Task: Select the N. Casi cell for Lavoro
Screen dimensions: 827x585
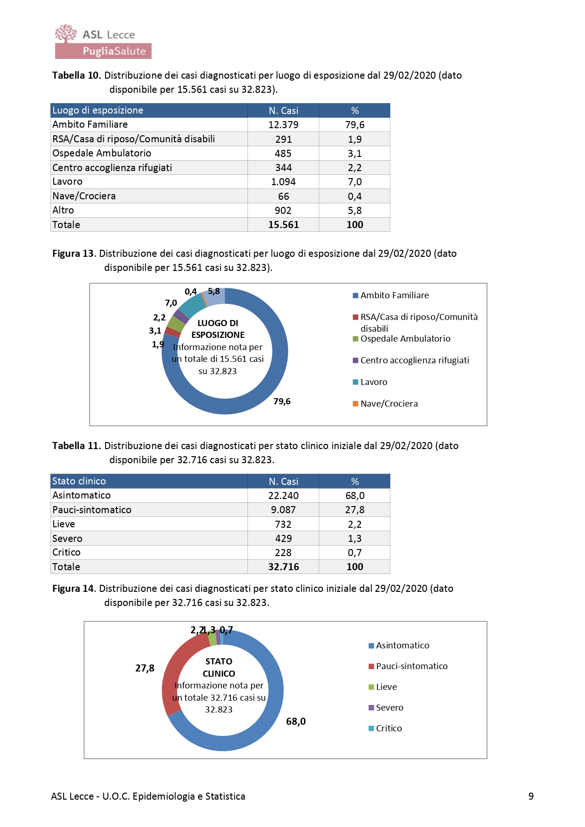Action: point(283,182)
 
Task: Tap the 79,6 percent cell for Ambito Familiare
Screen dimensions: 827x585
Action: point(354,125)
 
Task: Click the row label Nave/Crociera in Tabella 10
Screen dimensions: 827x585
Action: point(84,196)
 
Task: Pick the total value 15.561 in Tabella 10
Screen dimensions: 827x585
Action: point(283,225)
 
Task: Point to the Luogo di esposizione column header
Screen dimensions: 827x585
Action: point(98,110)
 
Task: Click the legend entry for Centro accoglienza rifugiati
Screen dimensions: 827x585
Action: point(414,360)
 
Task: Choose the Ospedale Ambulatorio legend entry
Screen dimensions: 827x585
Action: point(405,339)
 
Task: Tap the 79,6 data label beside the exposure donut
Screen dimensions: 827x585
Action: point(282,401)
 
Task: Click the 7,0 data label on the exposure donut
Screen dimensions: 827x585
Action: point(171,303)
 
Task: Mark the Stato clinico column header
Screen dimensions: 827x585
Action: point(79,481)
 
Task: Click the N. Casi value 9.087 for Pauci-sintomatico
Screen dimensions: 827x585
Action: point(283,510)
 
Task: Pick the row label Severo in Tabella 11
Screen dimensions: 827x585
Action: point(67,539)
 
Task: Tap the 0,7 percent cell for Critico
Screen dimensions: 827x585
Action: point(354,553)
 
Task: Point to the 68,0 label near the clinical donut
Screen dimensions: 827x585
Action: point(296,721)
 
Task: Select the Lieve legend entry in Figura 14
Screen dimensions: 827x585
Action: point(386,687)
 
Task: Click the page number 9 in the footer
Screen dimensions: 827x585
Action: point(531,796)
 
